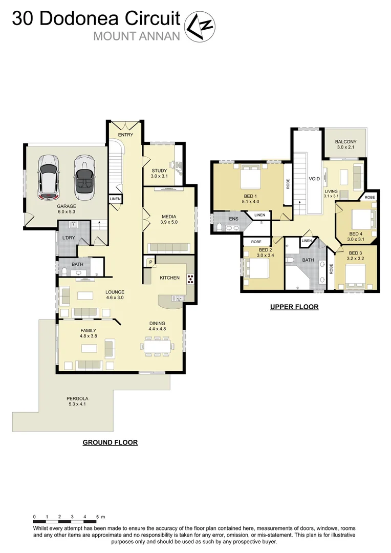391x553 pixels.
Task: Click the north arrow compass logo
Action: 200,27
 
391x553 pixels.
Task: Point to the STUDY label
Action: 159,171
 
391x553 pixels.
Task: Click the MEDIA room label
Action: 169,216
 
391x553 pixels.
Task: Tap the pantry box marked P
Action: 151,262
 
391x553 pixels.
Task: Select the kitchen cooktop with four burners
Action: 190,280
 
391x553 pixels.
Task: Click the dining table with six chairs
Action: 157,347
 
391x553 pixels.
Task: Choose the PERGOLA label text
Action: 77,399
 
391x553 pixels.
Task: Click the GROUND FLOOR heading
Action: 110,442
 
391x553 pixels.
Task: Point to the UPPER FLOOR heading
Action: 294,307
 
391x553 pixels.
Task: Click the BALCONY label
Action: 345,142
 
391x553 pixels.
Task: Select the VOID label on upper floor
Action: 314,179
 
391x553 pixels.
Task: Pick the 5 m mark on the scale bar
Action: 97,517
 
